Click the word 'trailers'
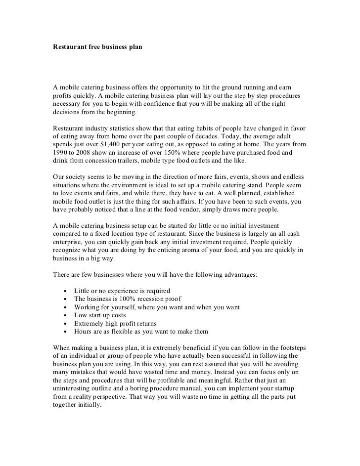129,162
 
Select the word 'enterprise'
71,242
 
